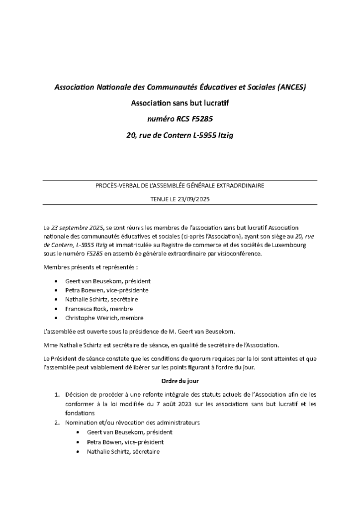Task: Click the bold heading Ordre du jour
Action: click(x=180, y=381)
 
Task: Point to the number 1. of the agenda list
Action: click(x=57, y=395)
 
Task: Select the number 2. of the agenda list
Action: click(x=57, y=423)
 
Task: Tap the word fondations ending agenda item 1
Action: click(x=80, y=413)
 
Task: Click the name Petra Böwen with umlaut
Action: click(x=103, y=441)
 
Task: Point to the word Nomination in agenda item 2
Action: click(x=82, y=423)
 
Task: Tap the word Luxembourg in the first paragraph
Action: click(x=290, y=245)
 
